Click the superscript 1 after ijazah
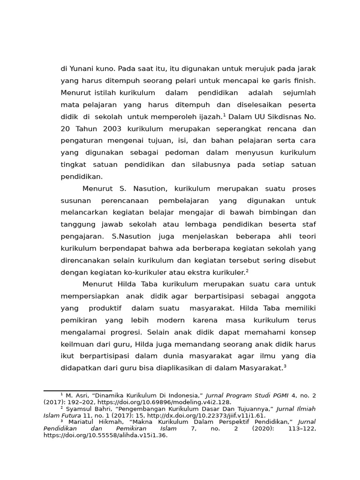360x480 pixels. click(225, 114)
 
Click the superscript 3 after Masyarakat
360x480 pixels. click(285, 366)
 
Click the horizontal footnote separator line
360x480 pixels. click(77, 390)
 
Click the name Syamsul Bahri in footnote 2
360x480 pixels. click(85, 409)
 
